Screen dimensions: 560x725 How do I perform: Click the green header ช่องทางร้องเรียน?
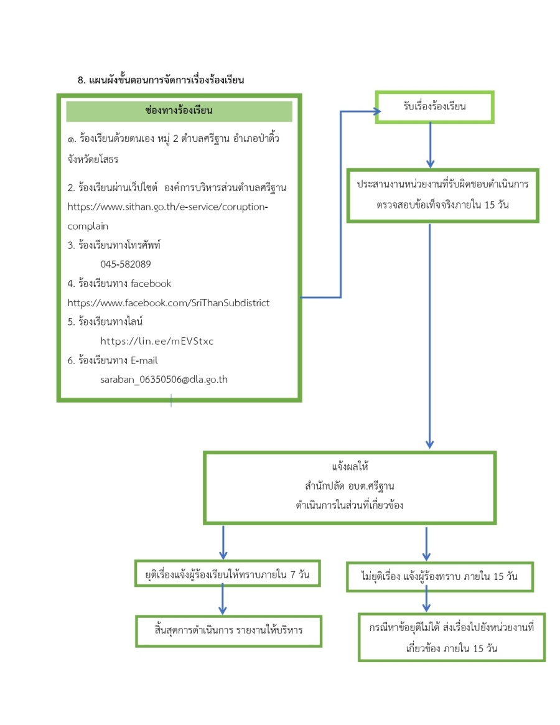pyautogui.click(x=179, y=111)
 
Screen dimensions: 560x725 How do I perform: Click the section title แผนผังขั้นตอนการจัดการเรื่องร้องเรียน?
pyautogui.click(x=166, y=80)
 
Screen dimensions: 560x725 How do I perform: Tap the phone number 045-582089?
pyautogui.click(x=125, y=264)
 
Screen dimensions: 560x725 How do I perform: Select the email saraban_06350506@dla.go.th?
pyautogui.click(x=164, y=380)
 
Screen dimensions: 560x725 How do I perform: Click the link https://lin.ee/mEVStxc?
pyautogui.click(x=157, y=341)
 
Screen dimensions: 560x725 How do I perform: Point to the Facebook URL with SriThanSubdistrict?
pyautogui.click(x=169, y=303)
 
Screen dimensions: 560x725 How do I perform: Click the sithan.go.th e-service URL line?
pyautogui.click(x=167, y=207)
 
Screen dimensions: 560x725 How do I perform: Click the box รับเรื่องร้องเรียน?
pyautogui.click(x=434, y=107)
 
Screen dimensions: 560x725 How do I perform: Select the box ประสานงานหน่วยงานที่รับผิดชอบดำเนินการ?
pyautogui.click(x=442, y=195)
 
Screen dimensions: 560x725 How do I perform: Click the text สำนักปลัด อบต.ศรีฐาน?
pyautogui.click(x=350, y=486)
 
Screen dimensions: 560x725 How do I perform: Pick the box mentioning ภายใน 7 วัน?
pyautogui.click(x=228, y=574)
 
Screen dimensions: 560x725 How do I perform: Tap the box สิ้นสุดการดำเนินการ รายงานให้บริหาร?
pyautogui.click(x=228, y=630)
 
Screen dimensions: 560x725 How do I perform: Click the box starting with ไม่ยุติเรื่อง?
pyautogui.click(x=440, y=577)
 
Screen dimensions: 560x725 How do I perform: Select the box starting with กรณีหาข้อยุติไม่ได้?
pyautogui.click(x=451, y=638)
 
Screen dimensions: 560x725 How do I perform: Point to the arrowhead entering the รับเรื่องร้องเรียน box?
pyautogui.click(x=377, y=111)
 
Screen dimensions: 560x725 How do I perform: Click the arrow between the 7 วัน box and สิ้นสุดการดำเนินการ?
pyautogui.click(x=222, y=600)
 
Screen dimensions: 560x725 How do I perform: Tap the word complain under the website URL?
pyautogui.click(x=88, y=227)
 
